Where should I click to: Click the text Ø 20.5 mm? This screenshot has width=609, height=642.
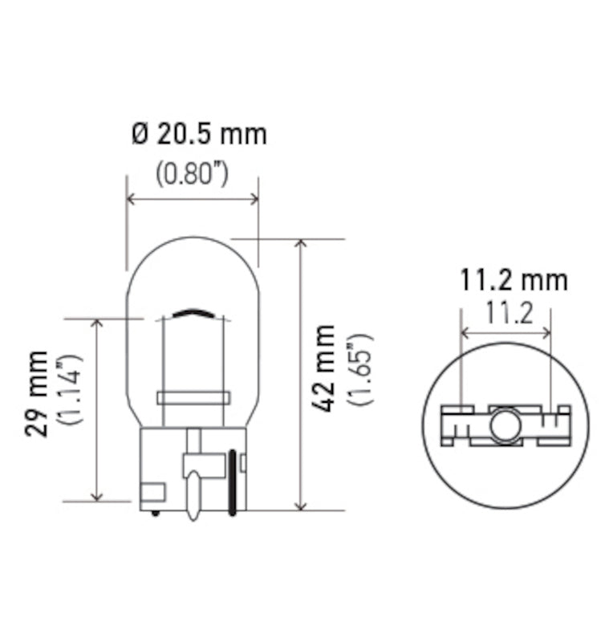[x=198, y=134]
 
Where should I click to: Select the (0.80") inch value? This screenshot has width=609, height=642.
[x=192, y=174]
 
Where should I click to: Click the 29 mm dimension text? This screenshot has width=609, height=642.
[x=36, y=393]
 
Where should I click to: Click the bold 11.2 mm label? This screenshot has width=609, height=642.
[x=514, y=280]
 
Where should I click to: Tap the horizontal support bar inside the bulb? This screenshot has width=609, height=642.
[x=193, y=397]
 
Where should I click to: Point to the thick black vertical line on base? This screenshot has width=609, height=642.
[x=233, y=482]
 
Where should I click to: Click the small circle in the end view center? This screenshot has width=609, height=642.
[x=505, y=425]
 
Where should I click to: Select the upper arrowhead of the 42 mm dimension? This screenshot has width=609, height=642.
[x=301, y=245]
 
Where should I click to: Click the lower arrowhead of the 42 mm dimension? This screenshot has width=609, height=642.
[x=301, y=503]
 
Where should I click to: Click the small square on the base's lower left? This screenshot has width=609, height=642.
[x=152, y=492]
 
